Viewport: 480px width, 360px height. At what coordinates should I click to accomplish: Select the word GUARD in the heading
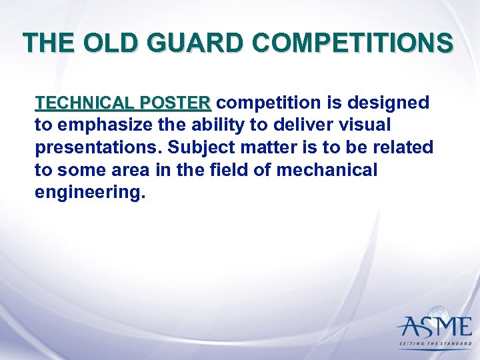194,43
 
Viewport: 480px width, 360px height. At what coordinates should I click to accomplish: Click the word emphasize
100,125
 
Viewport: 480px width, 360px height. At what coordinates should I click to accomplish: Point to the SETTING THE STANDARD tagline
434,345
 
